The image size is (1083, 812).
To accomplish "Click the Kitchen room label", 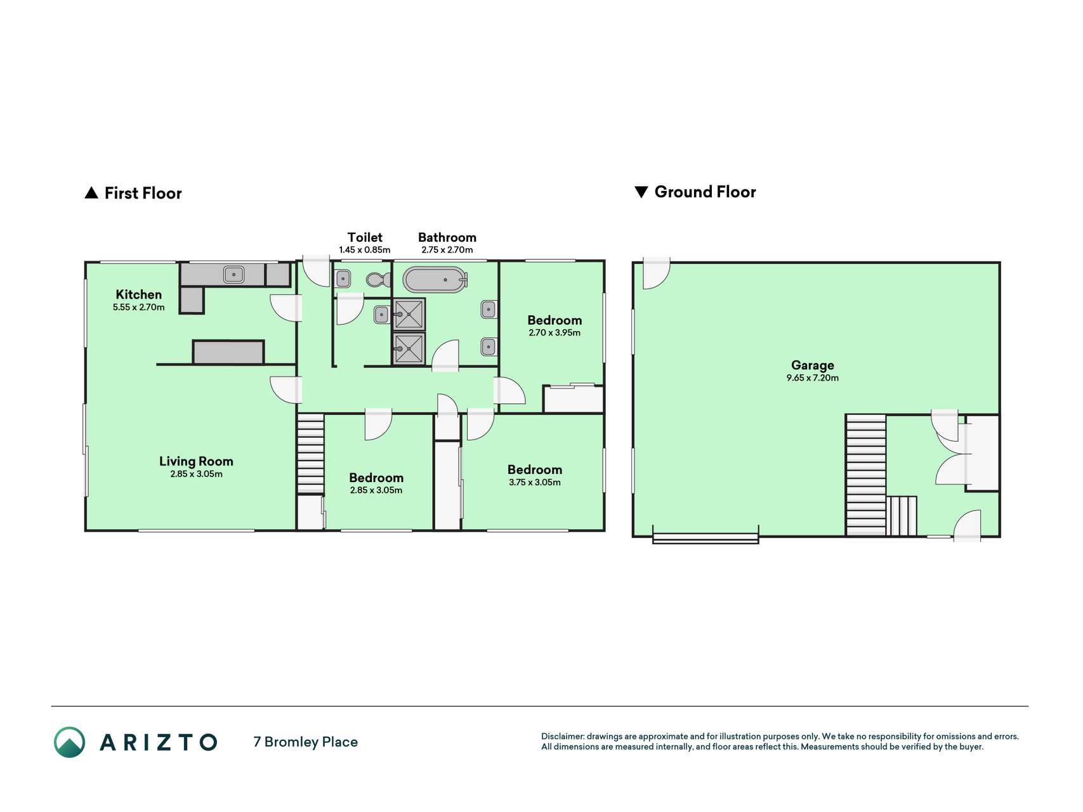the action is point(138,294).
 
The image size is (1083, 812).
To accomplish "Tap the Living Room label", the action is point(196,461).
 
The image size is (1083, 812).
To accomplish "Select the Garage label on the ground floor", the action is point(812,365).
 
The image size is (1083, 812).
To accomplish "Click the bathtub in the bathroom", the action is point(435,280).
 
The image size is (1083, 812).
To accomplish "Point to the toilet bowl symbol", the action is point(379,279).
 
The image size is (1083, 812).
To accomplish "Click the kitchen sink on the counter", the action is point(233,275).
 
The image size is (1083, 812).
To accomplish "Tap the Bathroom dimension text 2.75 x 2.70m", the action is point(447,250).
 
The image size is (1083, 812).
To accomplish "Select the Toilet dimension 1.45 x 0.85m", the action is point(365,250).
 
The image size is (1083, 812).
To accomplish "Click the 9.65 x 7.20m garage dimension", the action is point(812,378).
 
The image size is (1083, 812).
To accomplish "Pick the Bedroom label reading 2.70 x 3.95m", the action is point(555,320).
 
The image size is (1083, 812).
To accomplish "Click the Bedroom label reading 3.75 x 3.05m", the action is point(535,470).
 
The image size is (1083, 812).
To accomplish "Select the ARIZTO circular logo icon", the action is point(69,742).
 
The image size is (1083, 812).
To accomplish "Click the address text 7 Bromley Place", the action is point(305,742).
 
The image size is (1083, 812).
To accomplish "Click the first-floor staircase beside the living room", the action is point(311,454).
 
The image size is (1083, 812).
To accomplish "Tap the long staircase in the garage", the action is point(866,475).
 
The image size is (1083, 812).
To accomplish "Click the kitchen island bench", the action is point(228,352).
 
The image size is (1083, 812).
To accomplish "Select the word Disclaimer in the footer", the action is point(562,737).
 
